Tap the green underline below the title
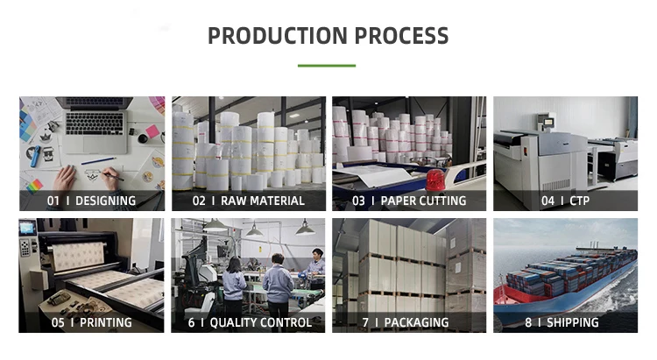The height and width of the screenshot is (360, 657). click(x=327, y=66)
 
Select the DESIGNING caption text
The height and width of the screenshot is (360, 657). click(x=102, y=201)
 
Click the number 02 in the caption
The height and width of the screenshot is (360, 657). click(x=199, y=201)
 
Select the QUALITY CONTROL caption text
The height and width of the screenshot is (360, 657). click(x=261, y=322)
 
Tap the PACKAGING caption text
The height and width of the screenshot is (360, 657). click(x=416, y=322)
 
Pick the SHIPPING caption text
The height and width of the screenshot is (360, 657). click(x=573, y=322)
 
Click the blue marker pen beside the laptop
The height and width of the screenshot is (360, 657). click(x=36, y=157)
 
